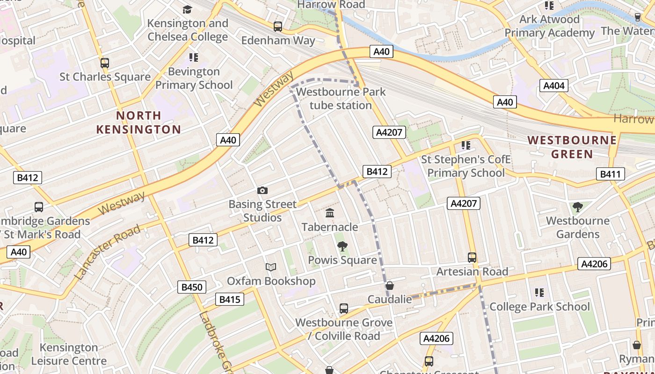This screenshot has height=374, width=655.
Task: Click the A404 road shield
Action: tap(554, 86)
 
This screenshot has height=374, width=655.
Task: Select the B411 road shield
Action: tap(611, 174)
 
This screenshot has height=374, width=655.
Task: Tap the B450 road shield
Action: tap(192, 287)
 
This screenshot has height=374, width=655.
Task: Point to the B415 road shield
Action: tap(230, 299)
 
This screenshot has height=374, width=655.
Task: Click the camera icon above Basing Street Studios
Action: tap(262, 190)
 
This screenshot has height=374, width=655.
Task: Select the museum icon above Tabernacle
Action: tap(330, 213)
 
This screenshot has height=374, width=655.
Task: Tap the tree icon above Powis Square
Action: tap(342, 246)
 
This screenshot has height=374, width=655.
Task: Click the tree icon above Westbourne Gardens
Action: tap(578, 207)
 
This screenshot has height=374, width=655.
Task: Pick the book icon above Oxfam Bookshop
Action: tap(271, 267)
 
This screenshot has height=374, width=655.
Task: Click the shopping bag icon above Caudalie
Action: tap(389, 285)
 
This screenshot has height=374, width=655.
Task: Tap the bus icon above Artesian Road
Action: tap(472, 258)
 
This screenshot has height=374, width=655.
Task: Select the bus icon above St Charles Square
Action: tap(105, 63)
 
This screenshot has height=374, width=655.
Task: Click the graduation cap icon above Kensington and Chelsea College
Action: tap(188, 9)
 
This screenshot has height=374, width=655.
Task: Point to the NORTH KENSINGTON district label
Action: tap(138, 122)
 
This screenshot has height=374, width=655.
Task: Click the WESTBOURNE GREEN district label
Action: tap(572, 147)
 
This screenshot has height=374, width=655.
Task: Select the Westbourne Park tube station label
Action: tap(341, 99)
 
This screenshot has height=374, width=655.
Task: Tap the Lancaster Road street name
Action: tap(107, 252)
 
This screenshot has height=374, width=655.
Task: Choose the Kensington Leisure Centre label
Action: tap(69, 354)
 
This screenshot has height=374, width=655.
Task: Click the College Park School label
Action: tap(539, 307)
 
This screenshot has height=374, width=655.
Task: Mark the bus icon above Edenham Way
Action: tap(278, 27)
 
